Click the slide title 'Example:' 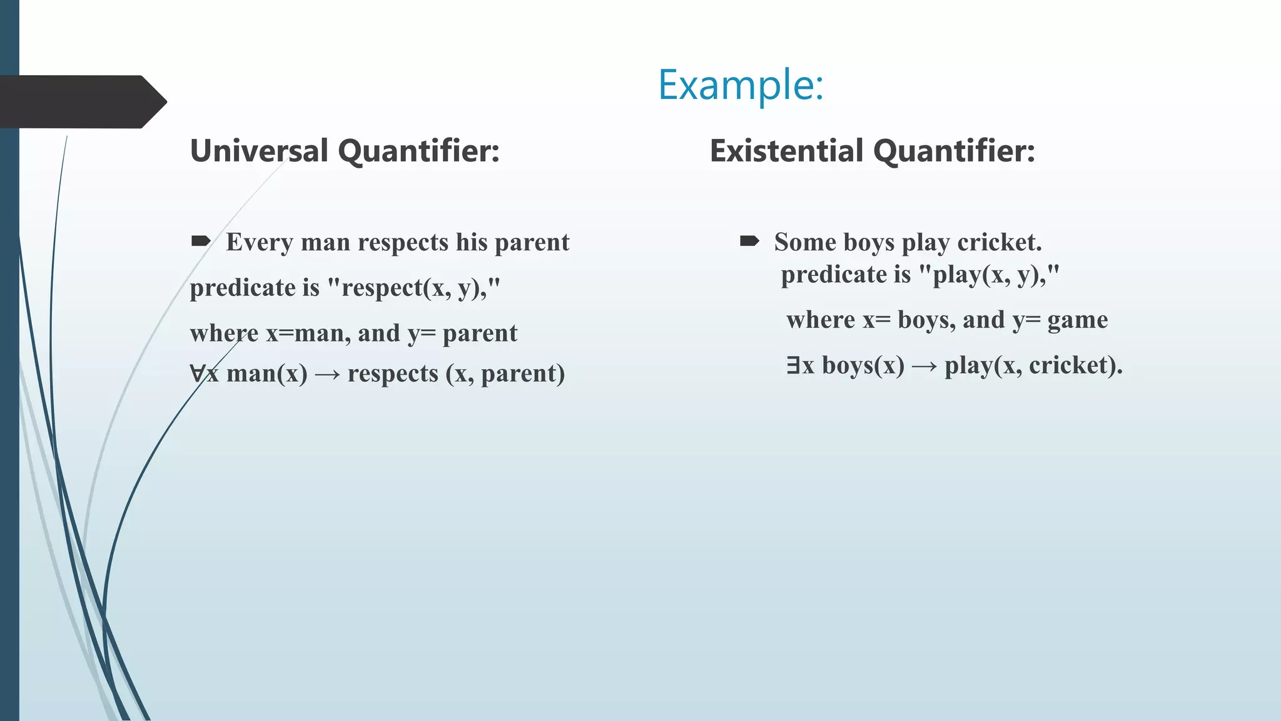[x=741, y=85]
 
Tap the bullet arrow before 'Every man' [x=201, y=241]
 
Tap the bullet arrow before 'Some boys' [x=749, y=241]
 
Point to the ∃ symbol [x=793, y=365]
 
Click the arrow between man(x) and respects [x=327, y=375]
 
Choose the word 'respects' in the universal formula [x=393, y=374]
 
